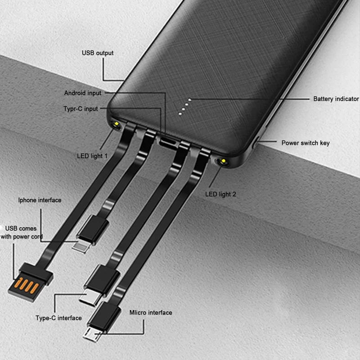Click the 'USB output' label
pyautogui.click(x=98, y=53)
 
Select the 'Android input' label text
pyautogui.click(x=83, y=93)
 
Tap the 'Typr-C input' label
pyautogui.click(x=80, y=108)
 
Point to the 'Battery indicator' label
pyautogui.click(x=336, y=99)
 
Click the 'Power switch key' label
pyautogui.click(x=306, y=143)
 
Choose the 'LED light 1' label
pyautogui.click(x=92, y=156)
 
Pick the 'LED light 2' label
pyautogui.click(x=220, y=194)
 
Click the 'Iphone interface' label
pyautogui.click(x=40, y=200)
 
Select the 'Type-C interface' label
pyautogui.click(x=58, y=318)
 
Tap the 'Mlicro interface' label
pyautogui.click(x=151, y=312)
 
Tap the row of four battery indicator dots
pyautogui.click(x=185, y=107)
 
